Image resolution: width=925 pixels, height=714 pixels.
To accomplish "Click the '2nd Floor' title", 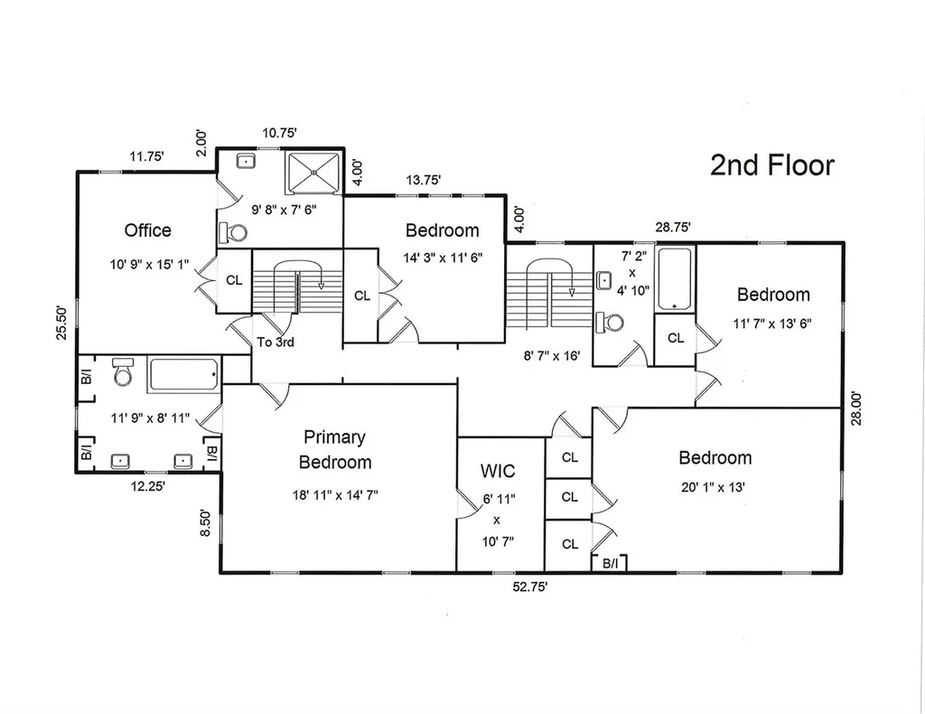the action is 772,165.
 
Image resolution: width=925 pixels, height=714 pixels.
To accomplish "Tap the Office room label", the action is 147,230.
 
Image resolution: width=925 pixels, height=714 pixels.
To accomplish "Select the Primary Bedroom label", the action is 335,450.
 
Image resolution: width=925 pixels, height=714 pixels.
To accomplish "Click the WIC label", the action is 498,471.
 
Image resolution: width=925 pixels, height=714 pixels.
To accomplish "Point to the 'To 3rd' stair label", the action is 276,343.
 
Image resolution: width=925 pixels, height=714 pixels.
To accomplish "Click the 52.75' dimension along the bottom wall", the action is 529,587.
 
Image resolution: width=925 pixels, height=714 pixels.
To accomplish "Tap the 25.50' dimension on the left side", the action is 62,322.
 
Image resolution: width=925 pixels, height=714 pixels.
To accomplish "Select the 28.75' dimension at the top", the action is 672,227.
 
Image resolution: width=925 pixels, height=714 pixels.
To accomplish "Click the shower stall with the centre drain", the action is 313,173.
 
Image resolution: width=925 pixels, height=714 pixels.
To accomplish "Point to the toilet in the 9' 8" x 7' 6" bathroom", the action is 233,232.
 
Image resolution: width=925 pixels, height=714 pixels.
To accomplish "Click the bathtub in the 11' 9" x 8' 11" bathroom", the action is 183,374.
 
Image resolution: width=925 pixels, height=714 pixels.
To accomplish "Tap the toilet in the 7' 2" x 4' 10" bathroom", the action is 610,322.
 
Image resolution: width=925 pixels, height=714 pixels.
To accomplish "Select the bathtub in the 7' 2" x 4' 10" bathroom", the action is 675,279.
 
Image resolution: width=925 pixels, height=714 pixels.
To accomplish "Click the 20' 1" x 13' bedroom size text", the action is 713,487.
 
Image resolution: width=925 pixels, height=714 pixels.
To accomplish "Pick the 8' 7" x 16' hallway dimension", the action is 552,356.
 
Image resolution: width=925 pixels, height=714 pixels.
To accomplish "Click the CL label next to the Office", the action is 234,280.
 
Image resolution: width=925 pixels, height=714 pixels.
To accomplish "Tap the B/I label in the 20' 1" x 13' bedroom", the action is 610,564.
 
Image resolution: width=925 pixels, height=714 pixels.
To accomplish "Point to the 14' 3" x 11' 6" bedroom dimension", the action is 443,258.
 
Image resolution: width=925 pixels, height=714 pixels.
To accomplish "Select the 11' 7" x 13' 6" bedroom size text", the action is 772,324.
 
